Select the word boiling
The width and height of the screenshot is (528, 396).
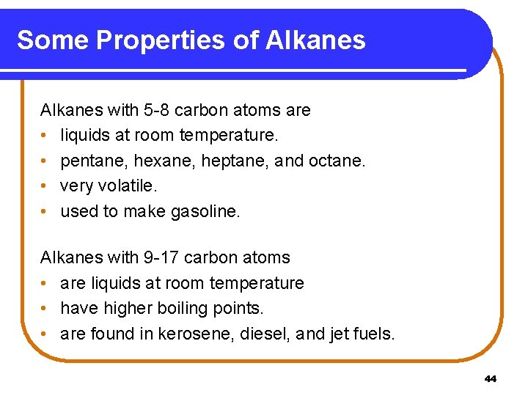(175, 309)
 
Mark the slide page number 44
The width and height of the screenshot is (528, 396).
(491, 379)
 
